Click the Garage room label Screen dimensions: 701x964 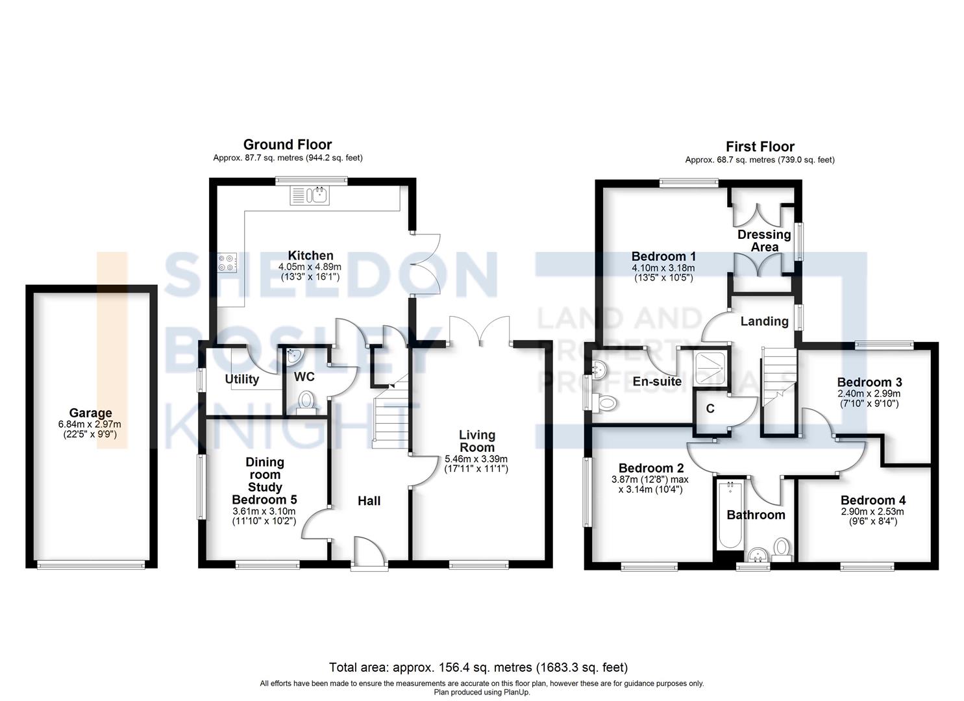(91, 413)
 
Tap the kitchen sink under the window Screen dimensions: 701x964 (310, 195)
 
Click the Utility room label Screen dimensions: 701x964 (241, 379)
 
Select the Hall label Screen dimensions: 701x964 (369, 500)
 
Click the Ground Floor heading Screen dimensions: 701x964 (287, 145)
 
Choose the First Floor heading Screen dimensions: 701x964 (760, 147)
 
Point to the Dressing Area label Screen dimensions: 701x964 (764, 240)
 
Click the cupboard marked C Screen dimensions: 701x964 (710, 409)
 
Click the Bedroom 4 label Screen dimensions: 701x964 (872, 500)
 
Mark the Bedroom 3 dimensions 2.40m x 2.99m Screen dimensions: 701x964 (869, 393)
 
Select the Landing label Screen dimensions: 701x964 (764, 321)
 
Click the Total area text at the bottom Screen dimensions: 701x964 (478, 667)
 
